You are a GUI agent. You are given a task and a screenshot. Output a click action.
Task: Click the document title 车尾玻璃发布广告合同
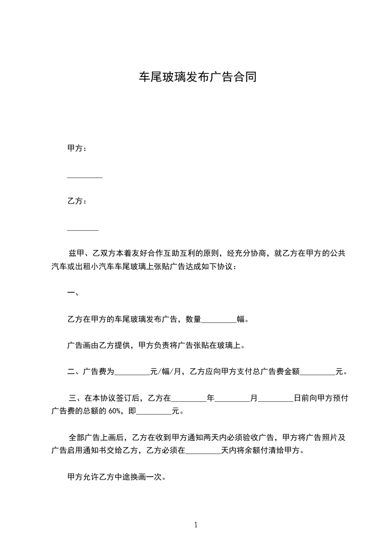pos(196,77)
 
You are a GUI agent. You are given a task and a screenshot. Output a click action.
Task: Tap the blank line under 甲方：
pos(85,177)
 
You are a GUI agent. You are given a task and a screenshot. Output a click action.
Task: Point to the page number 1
pos(196,525)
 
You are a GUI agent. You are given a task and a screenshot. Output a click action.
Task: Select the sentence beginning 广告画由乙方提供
pos(156,346)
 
